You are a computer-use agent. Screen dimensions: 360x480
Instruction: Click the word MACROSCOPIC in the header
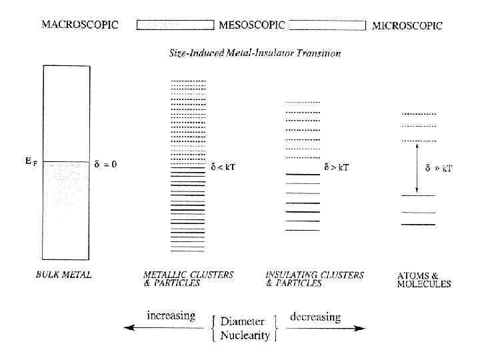[x=80, y=25]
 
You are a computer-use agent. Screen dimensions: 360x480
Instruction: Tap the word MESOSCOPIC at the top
[x=252, y=25]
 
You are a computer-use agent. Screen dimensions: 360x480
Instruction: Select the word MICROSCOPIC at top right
[x=407, y=26]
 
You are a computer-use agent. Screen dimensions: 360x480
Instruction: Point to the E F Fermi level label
[x=31, y=161]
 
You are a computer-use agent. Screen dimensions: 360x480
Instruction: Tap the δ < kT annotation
[x=223, y=167]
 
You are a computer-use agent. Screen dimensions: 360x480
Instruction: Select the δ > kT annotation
[x=337, y=167]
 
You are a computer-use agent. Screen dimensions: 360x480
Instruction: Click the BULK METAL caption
[x=63, y=275]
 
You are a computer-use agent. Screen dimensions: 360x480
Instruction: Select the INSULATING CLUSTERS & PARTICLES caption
[x=314, y=279]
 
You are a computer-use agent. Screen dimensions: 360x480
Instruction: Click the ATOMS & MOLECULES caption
[x=423, y=279]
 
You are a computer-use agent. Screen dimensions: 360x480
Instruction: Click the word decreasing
[x=315, y=317]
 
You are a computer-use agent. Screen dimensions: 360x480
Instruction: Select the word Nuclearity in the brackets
[x=244, y=335]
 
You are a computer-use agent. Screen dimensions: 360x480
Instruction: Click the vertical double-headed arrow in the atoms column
[x=418, y=167]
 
